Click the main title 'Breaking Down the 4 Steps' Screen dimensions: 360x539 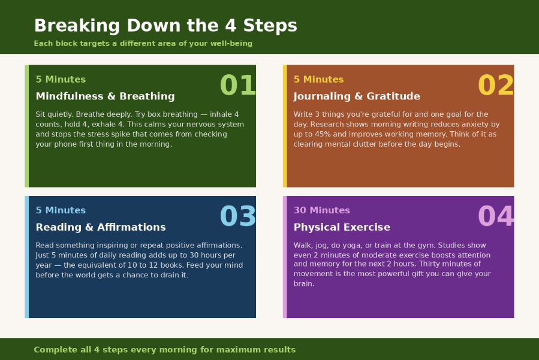click(x=165, y=26)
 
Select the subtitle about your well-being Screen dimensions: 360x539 click(x=143, y=44)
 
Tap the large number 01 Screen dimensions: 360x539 click(x=238, y=86)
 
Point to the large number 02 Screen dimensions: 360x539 click(x=496, y=86)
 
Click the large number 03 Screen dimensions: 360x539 click(x=238, y=217)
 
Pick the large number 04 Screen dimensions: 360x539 click(x=496, y=217)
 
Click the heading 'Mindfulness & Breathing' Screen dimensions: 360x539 click(x=105, y=96)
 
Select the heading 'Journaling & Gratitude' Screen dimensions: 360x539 click(x=357, y=96)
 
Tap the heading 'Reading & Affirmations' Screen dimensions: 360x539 click(x=101, y=228)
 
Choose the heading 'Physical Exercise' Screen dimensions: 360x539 click(x=342, y=228)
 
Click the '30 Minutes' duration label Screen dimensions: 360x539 click(x=321, y=211)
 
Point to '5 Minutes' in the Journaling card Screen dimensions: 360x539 click(x=318, y=80)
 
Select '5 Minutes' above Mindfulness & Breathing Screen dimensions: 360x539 click(x=61, y=80)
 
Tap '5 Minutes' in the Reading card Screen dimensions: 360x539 click(x=61, y=211)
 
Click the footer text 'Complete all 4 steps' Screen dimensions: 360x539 click(x=164, y=350)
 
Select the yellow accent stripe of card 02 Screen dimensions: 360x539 click(x=285, y=126)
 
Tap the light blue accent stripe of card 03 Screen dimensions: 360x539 click(x=26, y=257)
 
